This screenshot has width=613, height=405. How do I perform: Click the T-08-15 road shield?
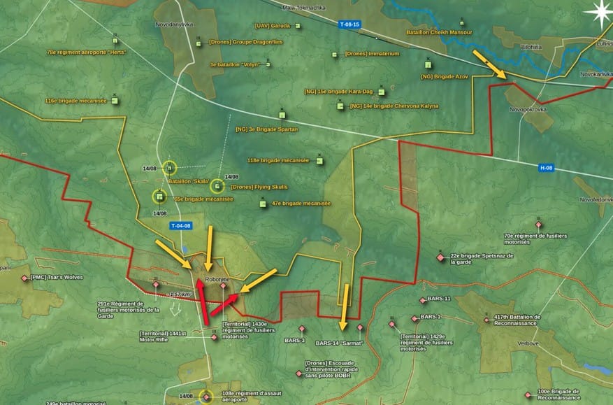pos(349,24)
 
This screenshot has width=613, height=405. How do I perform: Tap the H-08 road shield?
pos(547,168)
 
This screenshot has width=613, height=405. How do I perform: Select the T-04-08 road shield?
pos(180,225)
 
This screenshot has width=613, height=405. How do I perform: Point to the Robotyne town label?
pos(217,279)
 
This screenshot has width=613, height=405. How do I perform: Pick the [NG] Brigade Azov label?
pos(444,76)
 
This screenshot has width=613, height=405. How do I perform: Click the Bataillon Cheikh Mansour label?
pos(440,32)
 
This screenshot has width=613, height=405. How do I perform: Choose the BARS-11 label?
pos(438,299)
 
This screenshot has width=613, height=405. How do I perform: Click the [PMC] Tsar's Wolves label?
pos(56,277)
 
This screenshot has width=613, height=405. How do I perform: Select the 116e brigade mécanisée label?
pos(76,101)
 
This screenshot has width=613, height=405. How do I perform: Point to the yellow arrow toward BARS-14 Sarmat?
pos(344,307)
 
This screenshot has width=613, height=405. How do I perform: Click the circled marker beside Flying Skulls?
pos(217,186)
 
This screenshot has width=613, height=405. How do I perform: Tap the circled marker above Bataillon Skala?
pos(170,168)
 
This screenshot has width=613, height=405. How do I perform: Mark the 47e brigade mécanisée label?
pos(301,203)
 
